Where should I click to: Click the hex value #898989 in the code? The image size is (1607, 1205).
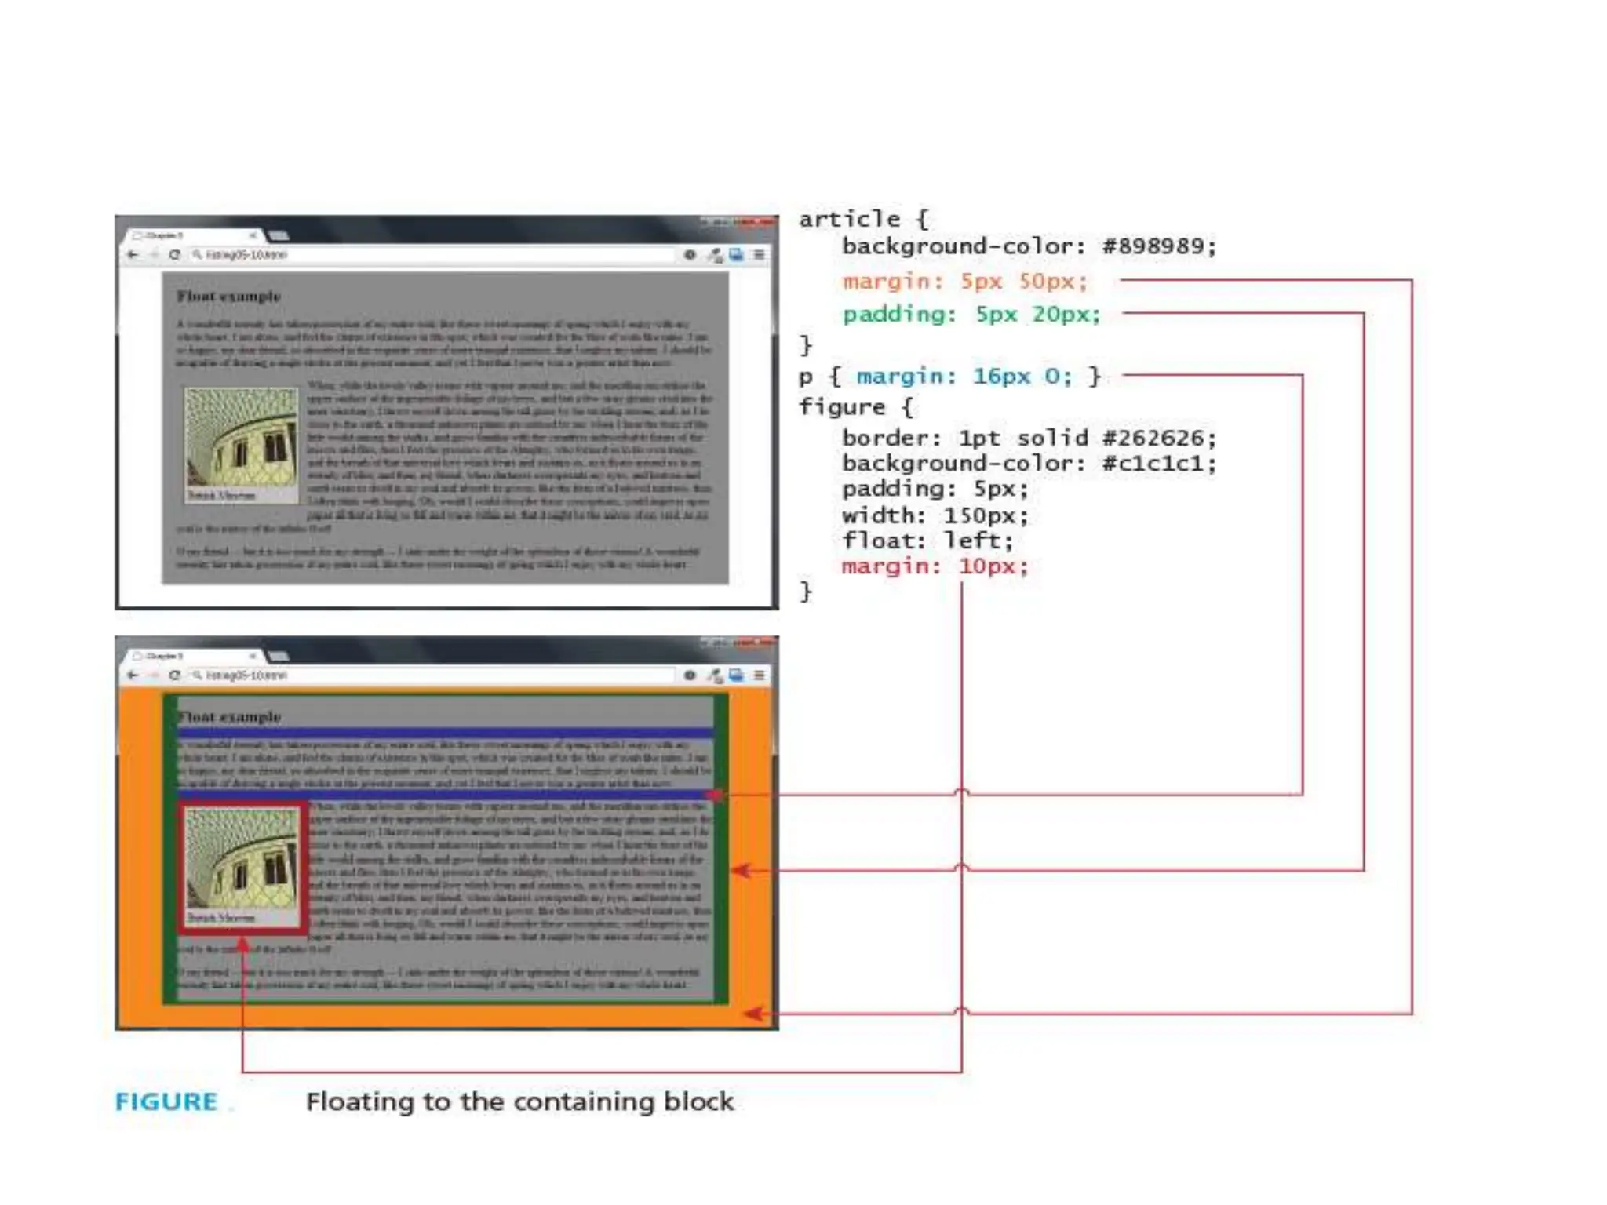tap(1158, 246)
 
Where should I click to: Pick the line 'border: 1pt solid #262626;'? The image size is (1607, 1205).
tap(1029, 438)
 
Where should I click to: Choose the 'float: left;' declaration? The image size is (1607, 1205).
tap(927, 541)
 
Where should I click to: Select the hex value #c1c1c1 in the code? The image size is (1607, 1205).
tap(1158, 463)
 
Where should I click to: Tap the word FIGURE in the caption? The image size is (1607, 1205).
tap(166, 1101)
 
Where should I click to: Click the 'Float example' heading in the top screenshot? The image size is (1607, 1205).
tap(228, 297)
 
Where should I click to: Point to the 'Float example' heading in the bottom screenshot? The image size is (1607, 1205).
tap(229, 717)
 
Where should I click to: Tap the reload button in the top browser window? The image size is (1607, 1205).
tap(174, 255)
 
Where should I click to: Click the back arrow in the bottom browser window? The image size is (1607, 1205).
tap(133, 675)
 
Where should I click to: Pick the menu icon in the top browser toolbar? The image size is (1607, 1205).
tap(759, 255)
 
